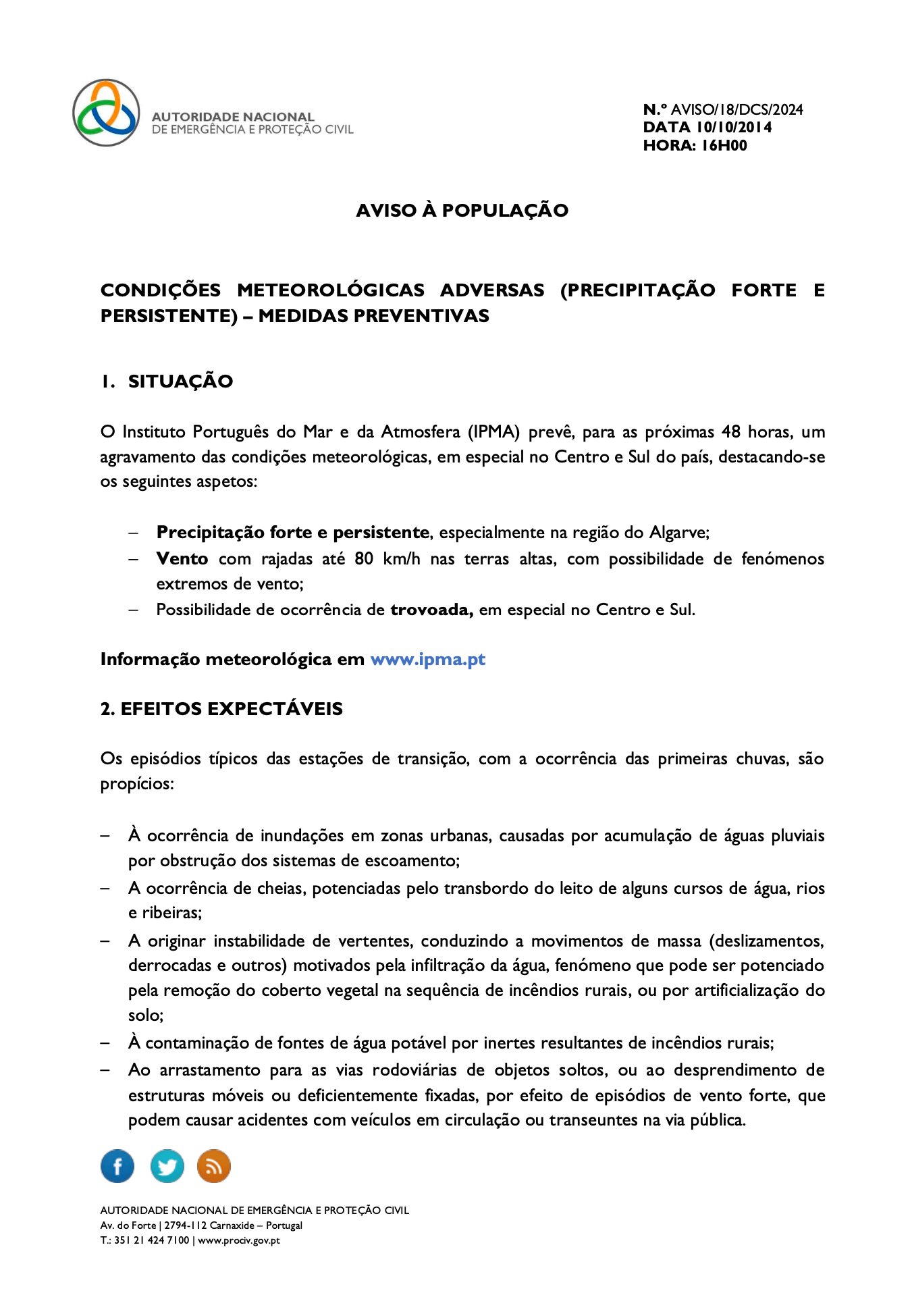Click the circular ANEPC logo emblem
tap(107, 113)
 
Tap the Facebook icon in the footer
tap(117, 1166)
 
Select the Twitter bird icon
tap(167, 1166)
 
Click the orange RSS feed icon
tap(214, 1166)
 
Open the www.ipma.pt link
tap(428, 659)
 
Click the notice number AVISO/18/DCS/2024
tap(737, 109)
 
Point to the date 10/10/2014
tap(734, 127)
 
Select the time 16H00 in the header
tap(724, 145)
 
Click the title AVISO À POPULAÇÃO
tap(462, 211)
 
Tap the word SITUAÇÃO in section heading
tap(180, 381)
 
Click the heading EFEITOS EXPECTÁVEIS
tap(231, 709)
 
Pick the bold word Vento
tap(182, 559)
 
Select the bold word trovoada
tap(431, 610)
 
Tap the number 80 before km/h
tap(364, 559)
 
